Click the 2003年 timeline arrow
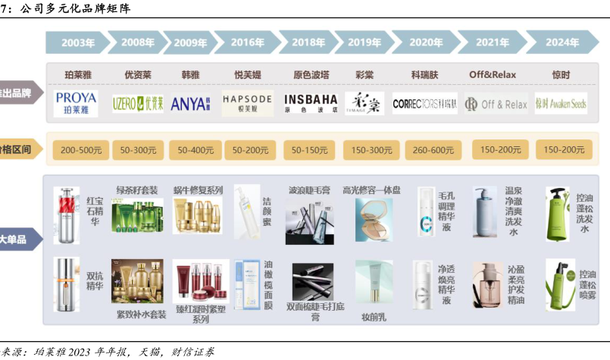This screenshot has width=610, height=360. tap(78, 42)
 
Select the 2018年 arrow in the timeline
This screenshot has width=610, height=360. tap(308, 42)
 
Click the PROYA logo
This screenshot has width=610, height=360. tap(76, 102)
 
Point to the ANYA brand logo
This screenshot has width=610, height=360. tap(190, 103)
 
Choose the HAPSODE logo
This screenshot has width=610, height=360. tap(247, 102)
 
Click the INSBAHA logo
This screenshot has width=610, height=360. tap(311, 102)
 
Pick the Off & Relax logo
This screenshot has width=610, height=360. tap(496, 104)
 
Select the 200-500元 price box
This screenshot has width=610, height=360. tap(80, 149)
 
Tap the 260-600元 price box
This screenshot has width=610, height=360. tap(432, 149)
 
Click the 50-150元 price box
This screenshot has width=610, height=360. tap(311, 149)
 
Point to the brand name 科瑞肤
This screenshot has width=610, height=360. tap(425, 75)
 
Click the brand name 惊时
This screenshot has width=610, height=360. tap(561, 75)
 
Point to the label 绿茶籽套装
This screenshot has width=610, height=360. tap(137, 190)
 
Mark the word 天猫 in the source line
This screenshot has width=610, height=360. tap(145, 352)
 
